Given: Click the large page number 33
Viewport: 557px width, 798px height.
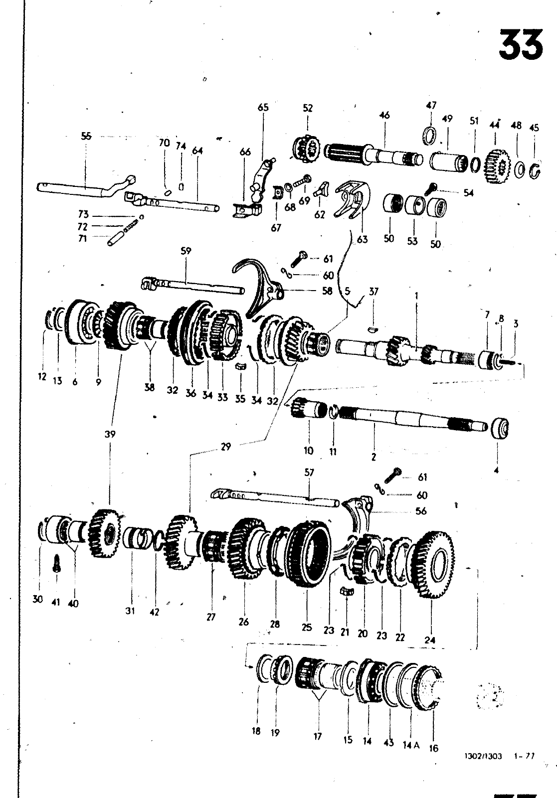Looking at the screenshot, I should (521, 45).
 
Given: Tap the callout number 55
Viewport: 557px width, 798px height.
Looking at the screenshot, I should (86, 135).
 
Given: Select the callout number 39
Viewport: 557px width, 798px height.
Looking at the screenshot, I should (110, 434).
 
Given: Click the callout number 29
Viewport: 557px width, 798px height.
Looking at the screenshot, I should (226, 447).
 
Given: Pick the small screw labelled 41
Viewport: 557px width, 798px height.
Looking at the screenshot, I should (56, 563).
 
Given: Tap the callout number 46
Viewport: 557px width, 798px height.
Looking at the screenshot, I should (384, 116).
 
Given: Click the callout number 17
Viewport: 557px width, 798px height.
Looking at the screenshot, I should (318, 736).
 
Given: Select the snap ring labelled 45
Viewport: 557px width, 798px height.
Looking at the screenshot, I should (536, 172).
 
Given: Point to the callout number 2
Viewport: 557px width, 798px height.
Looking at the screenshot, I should (373, 456).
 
